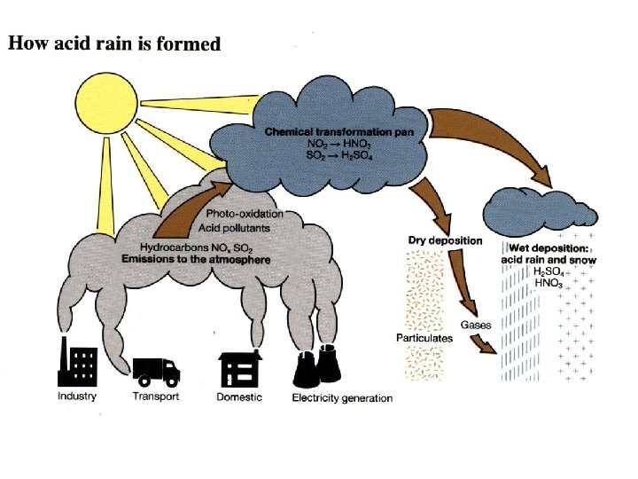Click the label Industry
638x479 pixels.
click(77, 396)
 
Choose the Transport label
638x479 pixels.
click(155, 397)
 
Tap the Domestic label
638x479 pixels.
click(239, 397)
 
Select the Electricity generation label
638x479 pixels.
click(342, 397)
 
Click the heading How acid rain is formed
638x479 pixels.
click(114, 43)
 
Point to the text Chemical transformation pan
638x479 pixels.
click(346, 130)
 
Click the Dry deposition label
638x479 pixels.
click(445, 239)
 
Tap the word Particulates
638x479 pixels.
click(424, 337)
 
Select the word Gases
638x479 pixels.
click(476, 326)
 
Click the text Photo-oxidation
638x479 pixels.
click(245, 214)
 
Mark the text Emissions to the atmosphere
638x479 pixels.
click(196, 259)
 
